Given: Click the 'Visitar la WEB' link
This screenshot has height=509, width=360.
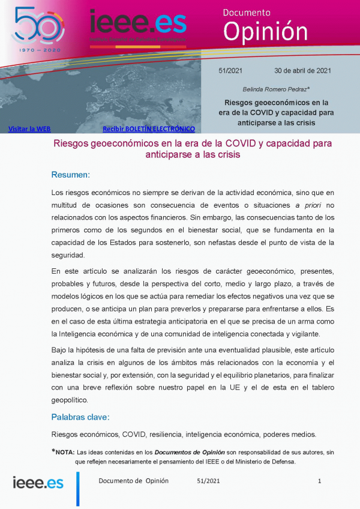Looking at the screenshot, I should pyautogui.click(x=29, y=128).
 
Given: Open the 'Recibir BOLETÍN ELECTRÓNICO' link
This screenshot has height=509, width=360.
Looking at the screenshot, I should pyautogui.click(x=149, y=128).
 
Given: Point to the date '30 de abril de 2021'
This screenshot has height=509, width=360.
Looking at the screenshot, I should pyautogui.click(x=302, y=71).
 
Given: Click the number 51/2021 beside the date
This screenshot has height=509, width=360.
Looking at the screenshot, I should pyautogui.click(x=230, y=71).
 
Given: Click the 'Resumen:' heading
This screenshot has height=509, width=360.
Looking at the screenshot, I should pyautogui.click(x=70, y=175).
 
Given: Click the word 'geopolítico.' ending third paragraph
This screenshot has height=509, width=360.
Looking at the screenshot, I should pyautogui.click(x=71, y=400).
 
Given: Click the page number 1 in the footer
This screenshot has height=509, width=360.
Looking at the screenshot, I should pyautogui.click(x=320, y=481).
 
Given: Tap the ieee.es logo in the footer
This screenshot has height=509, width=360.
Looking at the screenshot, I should pyautogui.click(x=38, y=482).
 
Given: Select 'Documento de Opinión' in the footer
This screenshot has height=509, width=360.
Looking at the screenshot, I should pyautogui.click(x=133, y=481).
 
